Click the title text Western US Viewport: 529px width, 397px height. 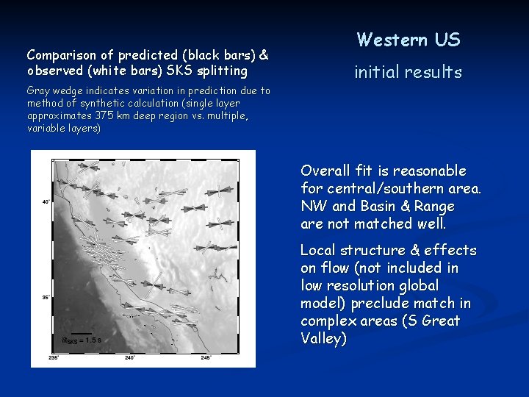(x=409, y=40)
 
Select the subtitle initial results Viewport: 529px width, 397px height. (x=409, y=72)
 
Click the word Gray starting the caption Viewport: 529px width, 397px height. (x=38, y=91)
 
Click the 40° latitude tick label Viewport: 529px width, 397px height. (x=46, y=201)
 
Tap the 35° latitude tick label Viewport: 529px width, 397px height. (x=46, y=298)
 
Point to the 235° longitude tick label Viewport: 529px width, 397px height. (x=54, y=358)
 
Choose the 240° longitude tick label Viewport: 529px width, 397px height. (x=130, y=358)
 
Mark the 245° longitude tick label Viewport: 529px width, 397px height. (x=206, y=358)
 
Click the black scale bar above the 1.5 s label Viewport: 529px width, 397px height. (x=82, y=334)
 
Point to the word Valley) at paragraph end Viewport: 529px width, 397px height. (x=323, y=339)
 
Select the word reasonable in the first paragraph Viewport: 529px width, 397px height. (x=430, y=171)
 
